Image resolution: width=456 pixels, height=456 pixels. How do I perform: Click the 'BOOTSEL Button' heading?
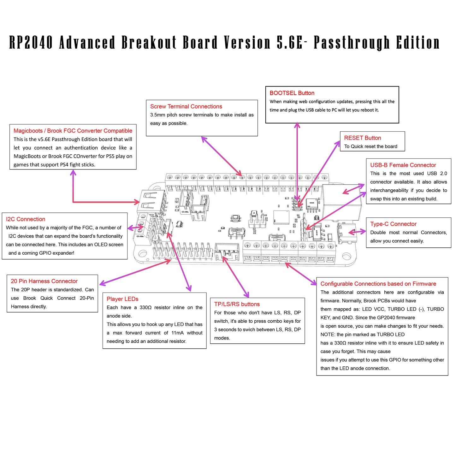click(292, 93)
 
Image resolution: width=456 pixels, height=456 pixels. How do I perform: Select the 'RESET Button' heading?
click(362, 138)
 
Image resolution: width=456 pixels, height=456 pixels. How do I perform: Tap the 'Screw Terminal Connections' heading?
click(186, 107)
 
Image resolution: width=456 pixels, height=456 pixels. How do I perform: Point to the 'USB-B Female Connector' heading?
click(403, 165)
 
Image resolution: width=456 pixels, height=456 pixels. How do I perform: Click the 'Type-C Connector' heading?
click(393, 224)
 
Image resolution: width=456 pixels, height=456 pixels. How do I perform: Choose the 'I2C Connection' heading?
click(26, 219)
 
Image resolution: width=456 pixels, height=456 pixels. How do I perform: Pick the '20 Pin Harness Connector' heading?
click(44, 281)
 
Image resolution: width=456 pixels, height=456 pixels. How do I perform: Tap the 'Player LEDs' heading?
click(122, 299)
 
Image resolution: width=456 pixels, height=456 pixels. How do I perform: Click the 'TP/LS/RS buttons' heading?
click(237, 304)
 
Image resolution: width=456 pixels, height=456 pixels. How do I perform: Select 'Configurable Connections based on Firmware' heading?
click(378, 284)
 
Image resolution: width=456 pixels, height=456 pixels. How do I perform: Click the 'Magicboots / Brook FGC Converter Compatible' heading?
click(73, 131)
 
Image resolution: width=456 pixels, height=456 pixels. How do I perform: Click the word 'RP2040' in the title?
click(31, 43)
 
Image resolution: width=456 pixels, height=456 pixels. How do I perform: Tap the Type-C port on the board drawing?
click(346, 233)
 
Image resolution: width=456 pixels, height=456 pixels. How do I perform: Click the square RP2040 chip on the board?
click(281, 217)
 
